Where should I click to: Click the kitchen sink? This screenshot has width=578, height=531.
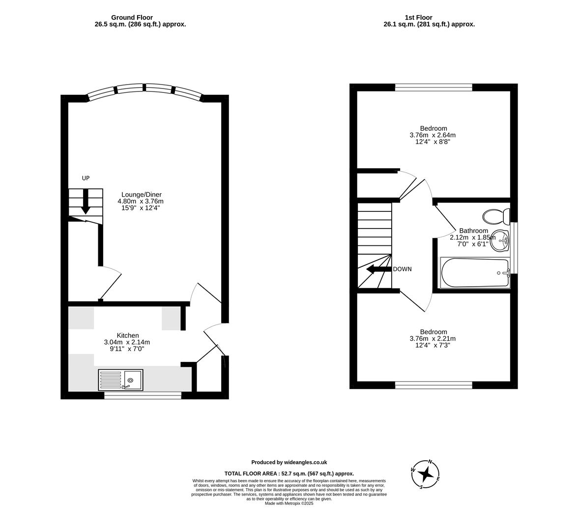coord(120,380)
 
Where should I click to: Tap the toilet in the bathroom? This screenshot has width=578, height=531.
coord(496,216)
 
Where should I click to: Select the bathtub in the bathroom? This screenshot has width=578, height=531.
coord(475,273)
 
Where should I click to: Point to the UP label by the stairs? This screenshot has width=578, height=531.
coord(86,178)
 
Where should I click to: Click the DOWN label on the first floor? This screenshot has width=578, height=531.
coord(402,269)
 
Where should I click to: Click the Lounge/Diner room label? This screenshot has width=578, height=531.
coord(141,195)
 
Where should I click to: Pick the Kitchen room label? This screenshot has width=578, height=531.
coord(127,336)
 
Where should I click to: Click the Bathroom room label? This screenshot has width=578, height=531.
coord(473,231)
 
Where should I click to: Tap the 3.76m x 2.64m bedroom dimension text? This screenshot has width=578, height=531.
coord(433,135)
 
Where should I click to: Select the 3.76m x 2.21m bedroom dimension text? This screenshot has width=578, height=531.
coord(433,339)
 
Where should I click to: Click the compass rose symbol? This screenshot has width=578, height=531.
coord(426,474)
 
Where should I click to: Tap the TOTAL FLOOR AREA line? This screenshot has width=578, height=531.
coord(289,474)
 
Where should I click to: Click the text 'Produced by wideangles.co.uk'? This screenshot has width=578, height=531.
coord(289,462)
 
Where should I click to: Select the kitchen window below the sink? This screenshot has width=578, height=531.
coord(143,395)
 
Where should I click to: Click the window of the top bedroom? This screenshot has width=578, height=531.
coord(433,88)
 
